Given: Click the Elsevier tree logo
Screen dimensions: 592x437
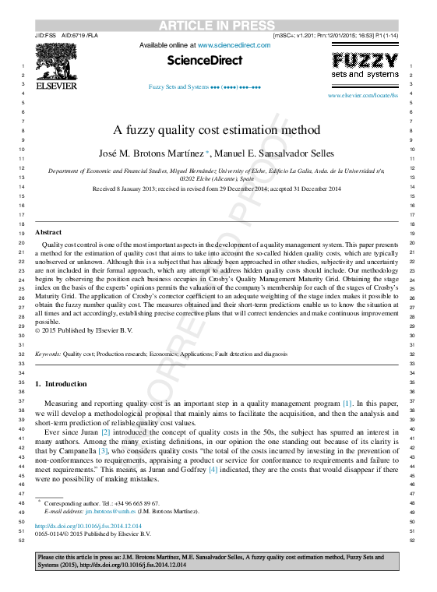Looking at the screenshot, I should [56, 67].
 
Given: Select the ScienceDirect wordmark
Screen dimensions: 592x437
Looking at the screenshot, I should [205, 60].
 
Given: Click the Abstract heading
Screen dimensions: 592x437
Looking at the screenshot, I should [48, 232].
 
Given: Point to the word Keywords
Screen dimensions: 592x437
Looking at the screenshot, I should [48, 353].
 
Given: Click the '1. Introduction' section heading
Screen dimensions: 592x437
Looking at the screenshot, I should [62, 384].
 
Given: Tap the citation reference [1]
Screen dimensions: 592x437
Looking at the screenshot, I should [347, 403].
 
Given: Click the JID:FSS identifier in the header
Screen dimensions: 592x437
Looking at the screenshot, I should [46, 36].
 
